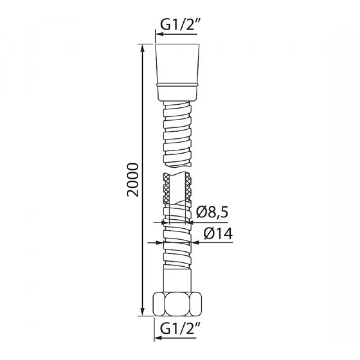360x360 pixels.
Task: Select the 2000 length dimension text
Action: [133, 180]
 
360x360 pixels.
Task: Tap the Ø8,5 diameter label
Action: [212, 213]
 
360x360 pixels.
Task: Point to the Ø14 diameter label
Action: [218, 234]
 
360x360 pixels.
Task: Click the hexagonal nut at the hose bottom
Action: [177, 304]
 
